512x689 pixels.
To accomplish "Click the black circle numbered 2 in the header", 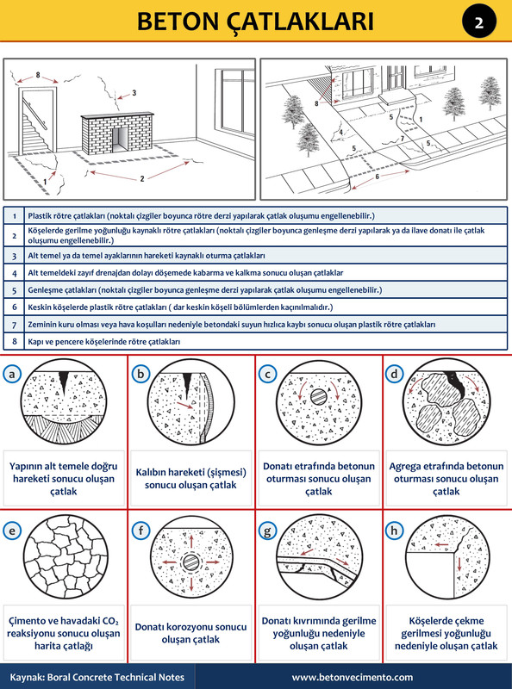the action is (x=479, y=21).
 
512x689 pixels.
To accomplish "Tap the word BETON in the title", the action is (x=178, y=21).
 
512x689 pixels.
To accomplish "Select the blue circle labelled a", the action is (x=12, y=374).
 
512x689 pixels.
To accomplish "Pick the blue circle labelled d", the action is (x=394, y=374).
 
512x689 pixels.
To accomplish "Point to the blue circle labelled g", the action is (x=267, y=531).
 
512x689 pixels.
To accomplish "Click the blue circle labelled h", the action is (x=394, y=531).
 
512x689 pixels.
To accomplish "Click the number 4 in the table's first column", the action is (x=14, y=273).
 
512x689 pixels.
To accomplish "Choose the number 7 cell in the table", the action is (x=14, y=325).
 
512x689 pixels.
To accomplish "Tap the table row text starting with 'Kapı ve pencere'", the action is (x=104, y=341).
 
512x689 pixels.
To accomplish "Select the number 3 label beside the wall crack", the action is (x=134, y=93).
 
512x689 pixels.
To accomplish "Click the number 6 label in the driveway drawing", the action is (x=377, y=177).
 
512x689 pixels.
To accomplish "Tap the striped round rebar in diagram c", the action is (x=319, y=397).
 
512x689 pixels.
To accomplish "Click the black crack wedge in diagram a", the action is (x=65, y=382).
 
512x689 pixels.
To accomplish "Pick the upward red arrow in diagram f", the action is (x=191, y=541).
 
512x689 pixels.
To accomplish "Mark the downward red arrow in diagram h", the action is (x=459, y=564).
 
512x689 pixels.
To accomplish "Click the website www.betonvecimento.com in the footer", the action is (x=352, y=677).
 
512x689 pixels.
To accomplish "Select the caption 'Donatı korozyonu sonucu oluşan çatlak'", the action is (x=190, y=633).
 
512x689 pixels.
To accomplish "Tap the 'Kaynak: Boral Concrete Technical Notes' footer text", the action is (x=97, y=677).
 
